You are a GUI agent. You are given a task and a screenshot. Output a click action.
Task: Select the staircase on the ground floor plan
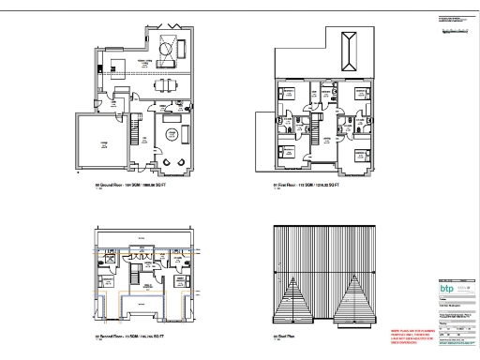[138, 127]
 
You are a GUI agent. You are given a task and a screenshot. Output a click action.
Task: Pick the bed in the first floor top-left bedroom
[284, 95]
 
